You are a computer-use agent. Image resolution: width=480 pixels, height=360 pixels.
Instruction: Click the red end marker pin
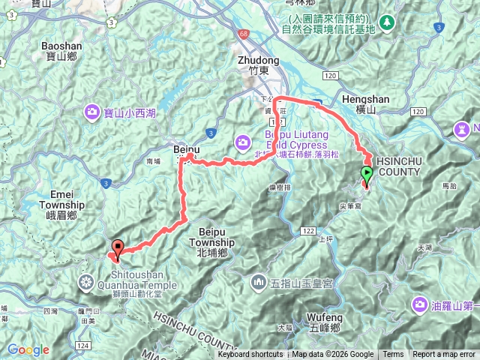point(118,247)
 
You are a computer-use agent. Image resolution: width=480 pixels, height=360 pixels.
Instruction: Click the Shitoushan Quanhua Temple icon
point(87,282)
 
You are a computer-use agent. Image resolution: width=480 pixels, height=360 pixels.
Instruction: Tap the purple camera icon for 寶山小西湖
point(92,112)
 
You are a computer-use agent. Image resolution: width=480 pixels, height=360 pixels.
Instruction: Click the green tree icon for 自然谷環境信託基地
point(387,22)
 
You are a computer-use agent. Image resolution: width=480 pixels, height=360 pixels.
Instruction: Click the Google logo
point(28,349)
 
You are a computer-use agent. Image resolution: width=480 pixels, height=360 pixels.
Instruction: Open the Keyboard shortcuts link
point(250,355)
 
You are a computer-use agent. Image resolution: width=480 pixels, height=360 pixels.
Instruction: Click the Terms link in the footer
point(393,355)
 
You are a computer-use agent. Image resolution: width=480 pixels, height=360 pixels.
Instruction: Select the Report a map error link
point(444,355)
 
